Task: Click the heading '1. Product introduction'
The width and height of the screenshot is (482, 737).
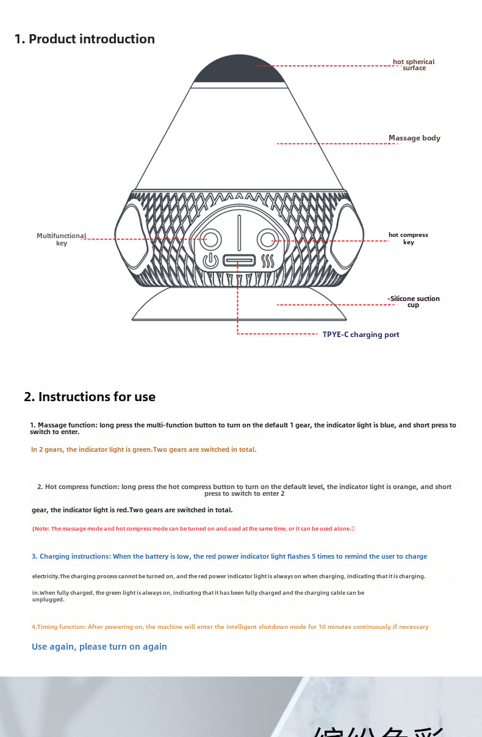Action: [84, 39]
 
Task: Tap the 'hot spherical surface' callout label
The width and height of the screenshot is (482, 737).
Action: [414, 65]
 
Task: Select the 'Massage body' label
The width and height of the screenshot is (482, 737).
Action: [414, 138]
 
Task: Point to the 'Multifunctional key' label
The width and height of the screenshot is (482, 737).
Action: [61, 239]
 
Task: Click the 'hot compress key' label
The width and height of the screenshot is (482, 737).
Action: [408, 239]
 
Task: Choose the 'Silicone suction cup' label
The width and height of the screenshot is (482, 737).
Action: [414, 302]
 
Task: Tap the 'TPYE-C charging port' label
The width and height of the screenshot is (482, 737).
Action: [361, 335]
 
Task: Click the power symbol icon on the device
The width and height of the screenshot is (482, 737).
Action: [210, 261]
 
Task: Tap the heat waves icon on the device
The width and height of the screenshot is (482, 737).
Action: [268, 261]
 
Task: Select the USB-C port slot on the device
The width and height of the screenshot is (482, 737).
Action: [239, 261]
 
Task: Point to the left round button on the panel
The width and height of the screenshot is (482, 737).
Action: [212, 239]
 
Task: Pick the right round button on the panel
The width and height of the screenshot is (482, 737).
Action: [267, 239]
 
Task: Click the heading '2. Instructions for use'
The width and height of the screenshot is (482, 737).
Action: [90, 397]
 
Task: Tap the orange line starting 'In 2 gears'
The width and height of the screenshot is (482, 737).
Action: [143, 449]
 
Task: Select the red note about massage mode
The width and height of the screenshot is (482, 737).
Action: [192, 529]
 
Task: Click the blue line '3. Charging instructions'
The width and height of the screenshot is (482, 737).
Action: [229, 556]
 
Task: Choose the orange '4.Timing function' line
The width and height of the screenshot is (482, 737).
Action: [229, 627]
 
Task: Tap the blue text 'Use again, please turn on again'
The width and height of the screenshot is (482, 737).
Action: [99, 647]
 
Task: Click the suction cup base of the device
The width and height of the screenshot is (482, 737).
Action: [239, 305]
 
